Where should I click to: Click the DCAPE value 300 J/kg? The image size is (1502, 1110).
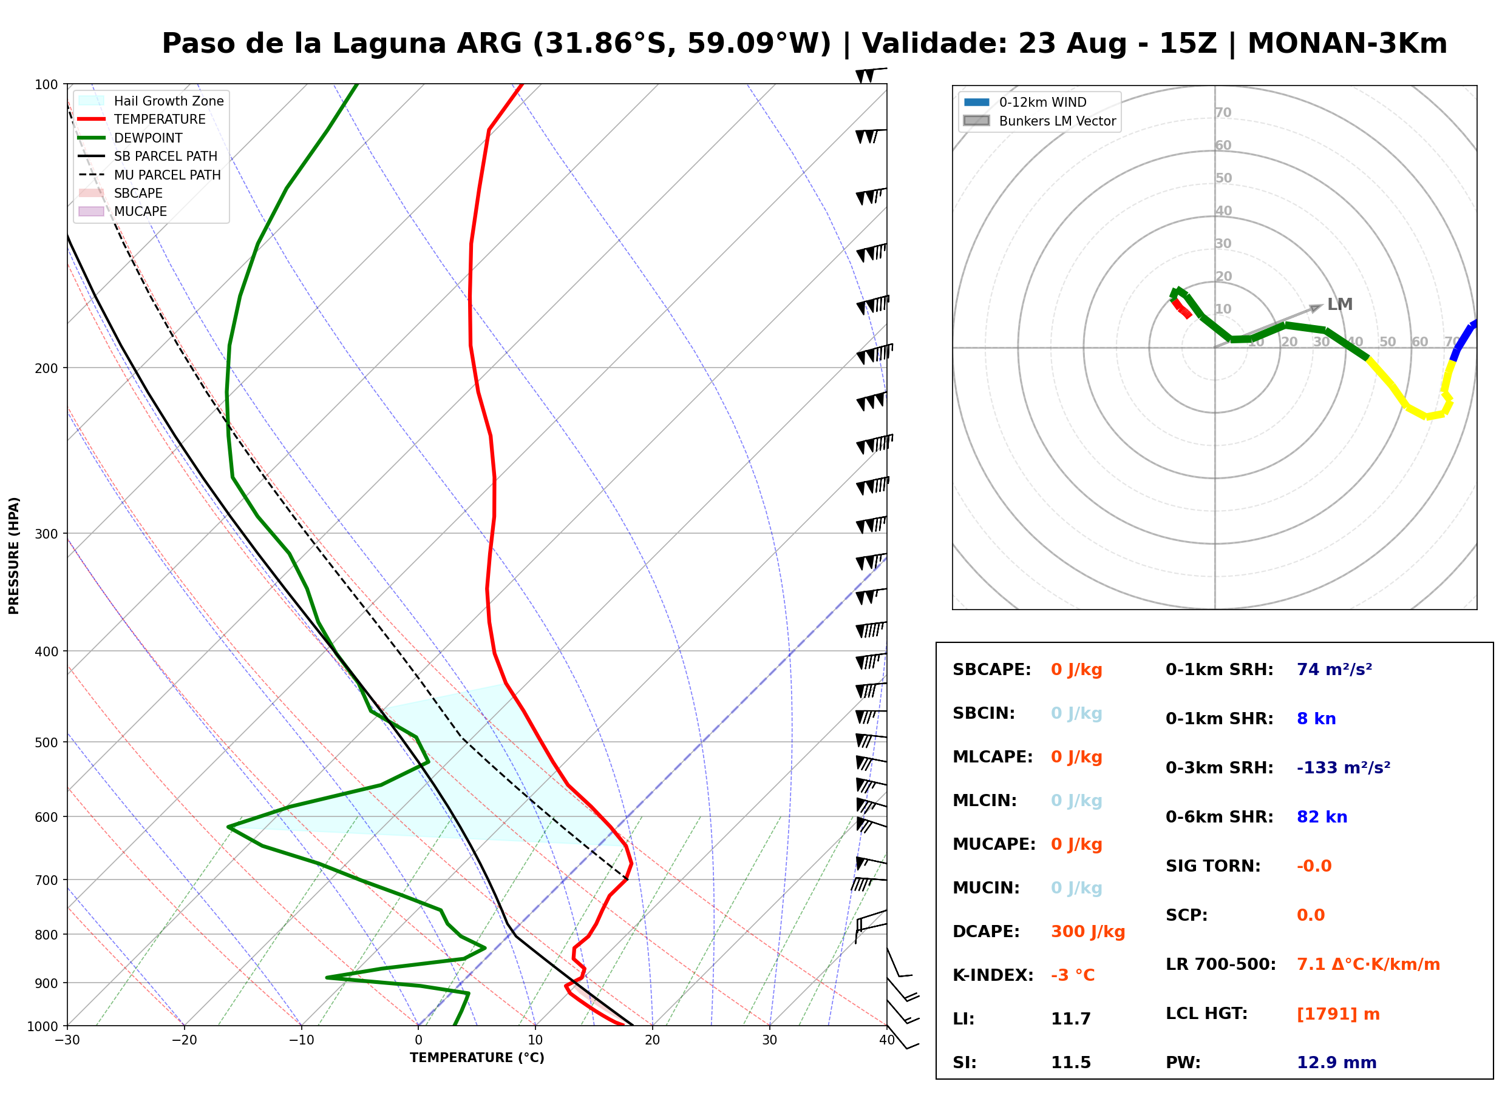click(1088, 932)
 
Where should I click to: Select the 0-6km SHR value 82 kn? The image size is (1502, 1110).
click(1322, 817)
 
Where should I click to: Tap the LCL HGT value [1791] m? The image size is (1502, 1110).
click(1338, 1014)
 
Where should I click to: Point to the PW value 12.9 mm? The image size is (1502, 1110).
click(1337, 1063)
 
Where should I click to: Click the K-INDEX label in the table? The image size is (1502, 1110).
click(993, 975)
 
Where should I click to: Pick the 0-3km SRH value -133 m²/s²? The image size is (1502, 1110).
click(1344, 767)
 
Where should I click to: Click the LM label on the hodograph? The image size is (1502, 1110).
click(1339, 304)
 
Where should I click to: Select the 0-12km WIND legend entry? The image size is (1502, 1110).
click(1025, 102)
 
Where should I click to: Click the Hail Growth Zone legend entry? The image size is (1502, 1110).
click(151, 101)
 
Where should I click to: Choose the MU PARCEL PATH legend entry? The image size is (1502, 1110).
click(149, 175)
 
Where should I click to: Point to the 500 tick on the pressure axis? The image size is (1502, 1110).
click(46, 742)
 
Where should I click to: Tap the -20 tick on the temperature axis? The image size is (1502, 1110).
click(184, 1040)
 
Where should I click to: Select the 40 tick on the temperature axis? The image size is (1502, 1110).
click(887, 1040)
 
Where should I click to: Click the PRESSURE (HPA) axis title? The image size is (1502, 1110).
click(14, 556)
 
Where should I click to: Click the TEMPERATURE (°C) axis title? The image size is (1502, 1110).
click(477, 1058)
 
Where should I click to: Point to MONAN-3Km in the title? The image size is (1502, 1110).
click(1347, 44)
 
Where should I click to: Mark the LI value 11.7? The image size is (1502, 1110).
click(1070, 1019)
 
